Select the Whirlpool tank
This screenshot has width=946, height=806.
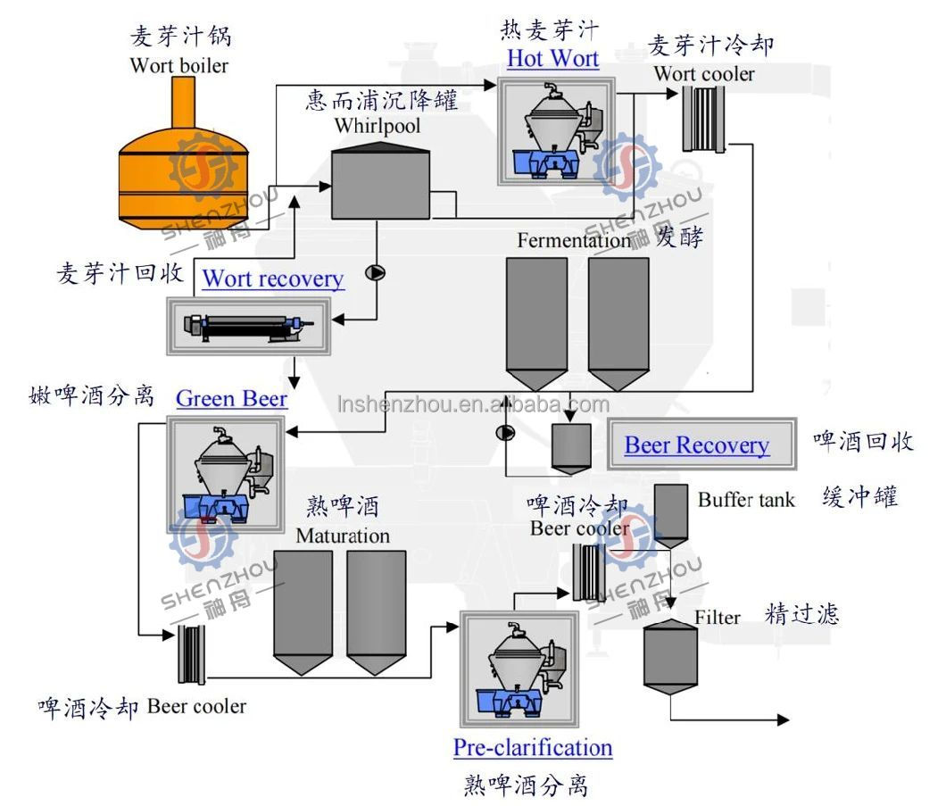(380, 182)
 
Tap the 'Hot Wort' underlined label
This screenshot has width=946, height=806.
(552, 59)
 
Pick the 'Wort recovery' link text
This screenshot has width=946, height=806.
(272, 278)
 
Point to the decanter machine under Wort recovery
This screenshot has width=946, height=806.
(249, 325)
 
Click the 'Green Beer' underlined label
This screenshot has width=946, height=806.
(231, 398)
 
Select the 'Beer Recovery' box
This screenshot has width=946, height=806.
(696, 445)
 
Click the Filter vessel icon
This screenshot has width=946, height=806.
(670, 655)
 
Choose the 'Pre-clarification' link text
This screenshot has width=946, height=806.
(533, 747)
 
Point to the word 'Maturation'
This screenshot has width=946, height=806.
(343, 536)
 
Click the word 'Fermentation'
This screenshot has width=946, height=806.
(573, 240)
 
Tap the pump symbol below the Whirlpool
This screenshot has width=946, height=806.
(376, 273)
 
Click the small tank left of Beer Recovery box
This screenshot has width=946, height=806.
(570, 447)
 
